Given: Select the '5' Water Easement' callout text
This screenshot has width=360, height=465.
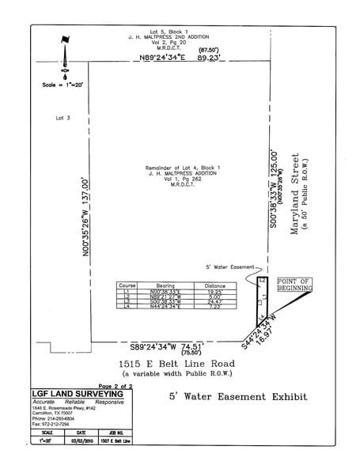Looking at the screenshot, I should (x=227, y=267).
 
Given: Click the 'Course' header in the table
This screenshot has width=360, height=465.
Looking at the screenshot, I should (x=127, y=285).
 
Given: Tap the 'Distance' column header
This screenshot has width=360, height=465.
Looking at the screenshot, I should (x=214, y=285).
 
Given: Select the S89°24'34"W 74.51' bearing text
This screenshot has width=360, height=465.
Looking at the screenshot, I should (x=171, y=346).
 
